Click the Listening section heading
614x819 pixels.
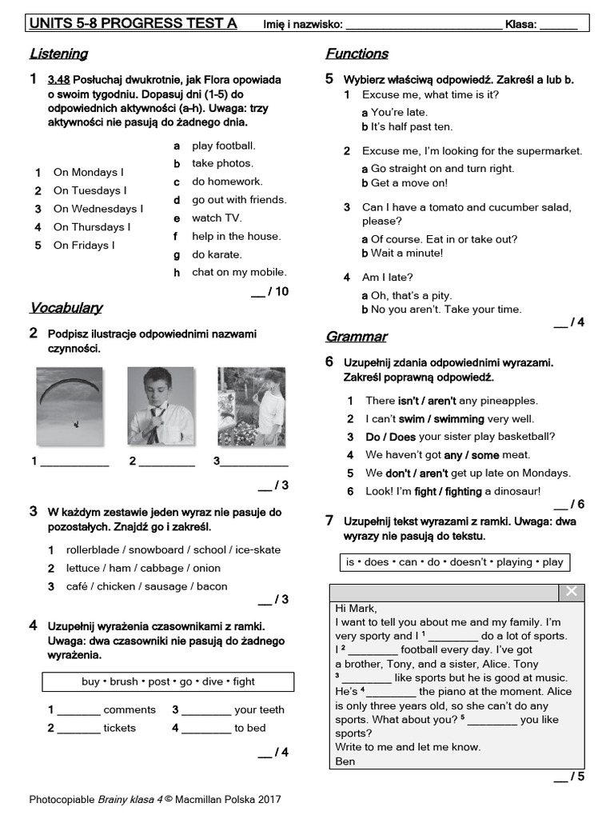[58, 54]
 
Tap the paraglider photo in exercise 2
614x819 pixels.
[70, 406]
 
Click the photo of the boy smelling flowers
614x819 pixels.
[252, 406]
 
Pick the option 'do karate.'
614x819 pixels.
[217, 254]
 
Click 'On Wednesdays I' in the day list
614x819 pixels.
[98, 209]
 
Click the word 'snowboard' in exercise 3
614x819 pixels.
[157, 549]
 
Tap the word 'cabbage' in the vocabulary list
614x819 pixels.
[162, 568]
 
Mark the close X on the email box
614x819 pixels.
[571, 592]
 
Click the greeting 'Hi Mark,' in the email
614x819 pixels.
[356, 608]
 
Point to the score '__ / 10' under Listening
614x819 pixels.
[269, 292]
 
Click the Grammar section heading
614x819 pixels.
[356, 337]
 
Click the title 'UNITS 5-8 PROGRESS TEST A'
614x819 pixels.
[133, 23]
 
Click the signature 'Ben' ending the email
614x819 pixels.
[345, 761]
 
